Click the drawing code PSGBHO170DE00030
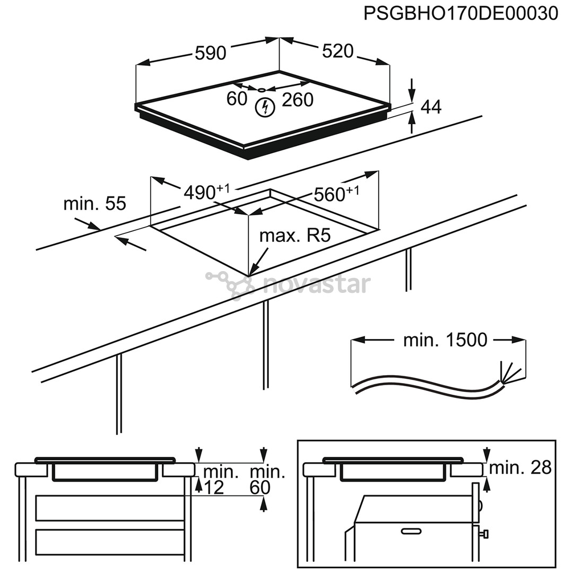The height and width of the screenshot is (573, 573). pos(461,13)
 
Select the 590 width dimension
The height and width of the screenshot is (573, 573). pos(211,53)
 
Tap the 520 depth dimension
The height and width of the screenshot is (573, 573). pos(337,51)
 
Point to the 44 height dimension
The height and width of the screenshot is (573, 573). pos(431,107)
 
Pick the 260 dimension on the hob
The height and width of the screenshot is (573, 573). pos(298,99)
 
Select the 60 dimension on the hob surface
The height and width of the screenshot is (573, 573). pos(237,99)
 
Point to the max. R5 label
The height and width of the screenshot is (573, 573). pos(294,236)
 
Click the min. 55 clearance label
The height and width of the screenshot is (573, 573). pos(94,203)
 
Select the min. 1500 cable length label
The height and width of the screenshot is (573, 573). pos(445,340)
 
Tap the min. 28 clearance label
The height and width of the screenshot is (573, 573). pos(520,467)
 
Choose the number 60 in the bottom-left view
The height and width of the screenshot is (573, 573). pos(260,487)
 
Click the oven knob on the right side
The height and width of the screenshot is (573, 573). pos(484,532)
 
